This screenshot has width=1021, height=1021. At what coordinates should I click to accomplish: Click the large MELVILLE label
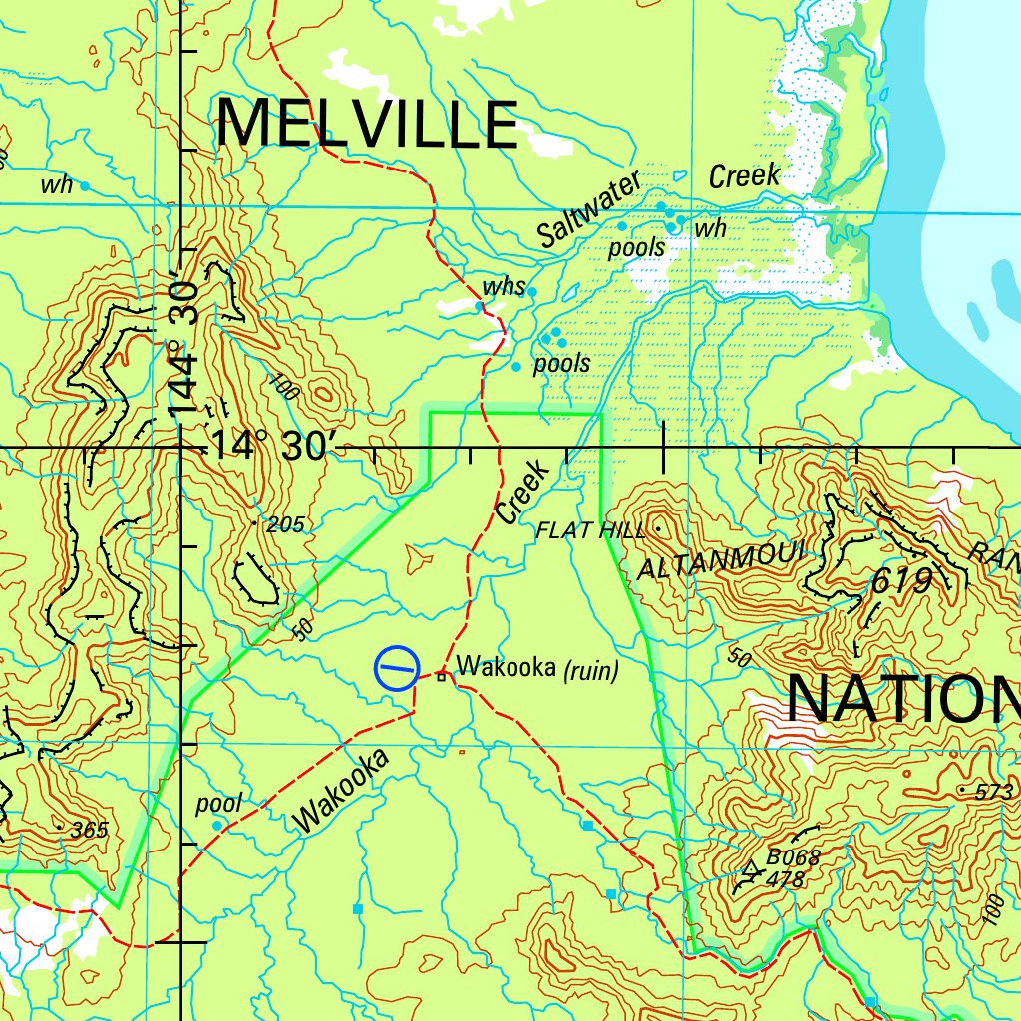pyautogui.click(x=367, y=125)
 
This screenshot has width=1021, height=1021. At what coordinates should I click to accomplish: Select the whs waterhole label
pyautogui.click(x=504, y=288)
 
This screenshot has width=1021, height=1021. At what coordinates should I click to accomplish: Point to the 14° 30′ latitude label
pyautogui.click(x=269, y=447)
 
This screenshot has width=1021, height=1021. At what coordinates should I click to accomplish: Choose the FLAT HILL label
pyautogui.click(x=589, y=530)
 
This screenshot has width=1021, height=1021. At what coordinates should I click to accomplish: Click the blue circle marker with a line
pyautogui.click(x=397, y=669)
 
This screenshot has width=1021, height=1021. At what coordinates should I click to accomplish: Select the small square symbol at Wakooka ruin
pyautogui.click(x=440, y=678)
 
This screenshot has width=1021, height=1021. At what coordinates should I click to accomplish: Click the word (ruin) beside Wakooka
pyautogui.click(x=591, y=671)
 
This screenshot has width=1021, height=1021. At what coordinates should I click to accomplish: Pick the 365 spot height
pyautogui.click(x=88, y=830)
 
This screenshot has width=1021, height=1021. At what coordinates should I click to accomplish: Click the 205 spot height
pyautogui.click(x=284, y=525)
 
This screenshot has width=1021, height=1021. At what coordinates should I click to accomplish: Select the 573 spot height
pyautogui.click(x=993, y=792)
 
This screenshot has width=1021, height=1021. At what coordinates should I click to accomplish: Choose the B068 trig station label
pyautogui.click(x=793, y=856)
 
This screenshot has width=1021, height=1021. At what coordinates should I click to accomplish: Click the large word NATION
pyautogui.click(x=902, y=700)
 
